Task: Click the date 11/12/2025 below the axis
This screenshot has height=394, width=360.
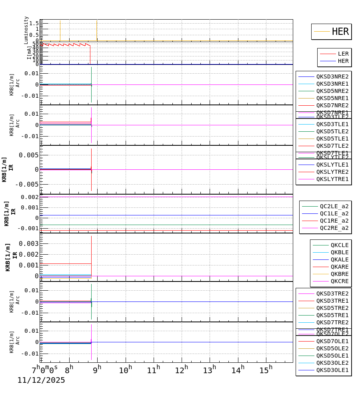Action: click(x=41, y=380)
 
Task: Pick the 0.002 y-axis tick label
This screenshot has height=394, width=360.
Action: click(x=28, y=197)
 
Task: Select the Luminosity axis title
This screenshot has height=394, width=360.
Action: click(x=26, y=30)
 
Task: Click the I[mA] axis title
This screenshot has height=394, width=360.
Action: click(x=29, y=52)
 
